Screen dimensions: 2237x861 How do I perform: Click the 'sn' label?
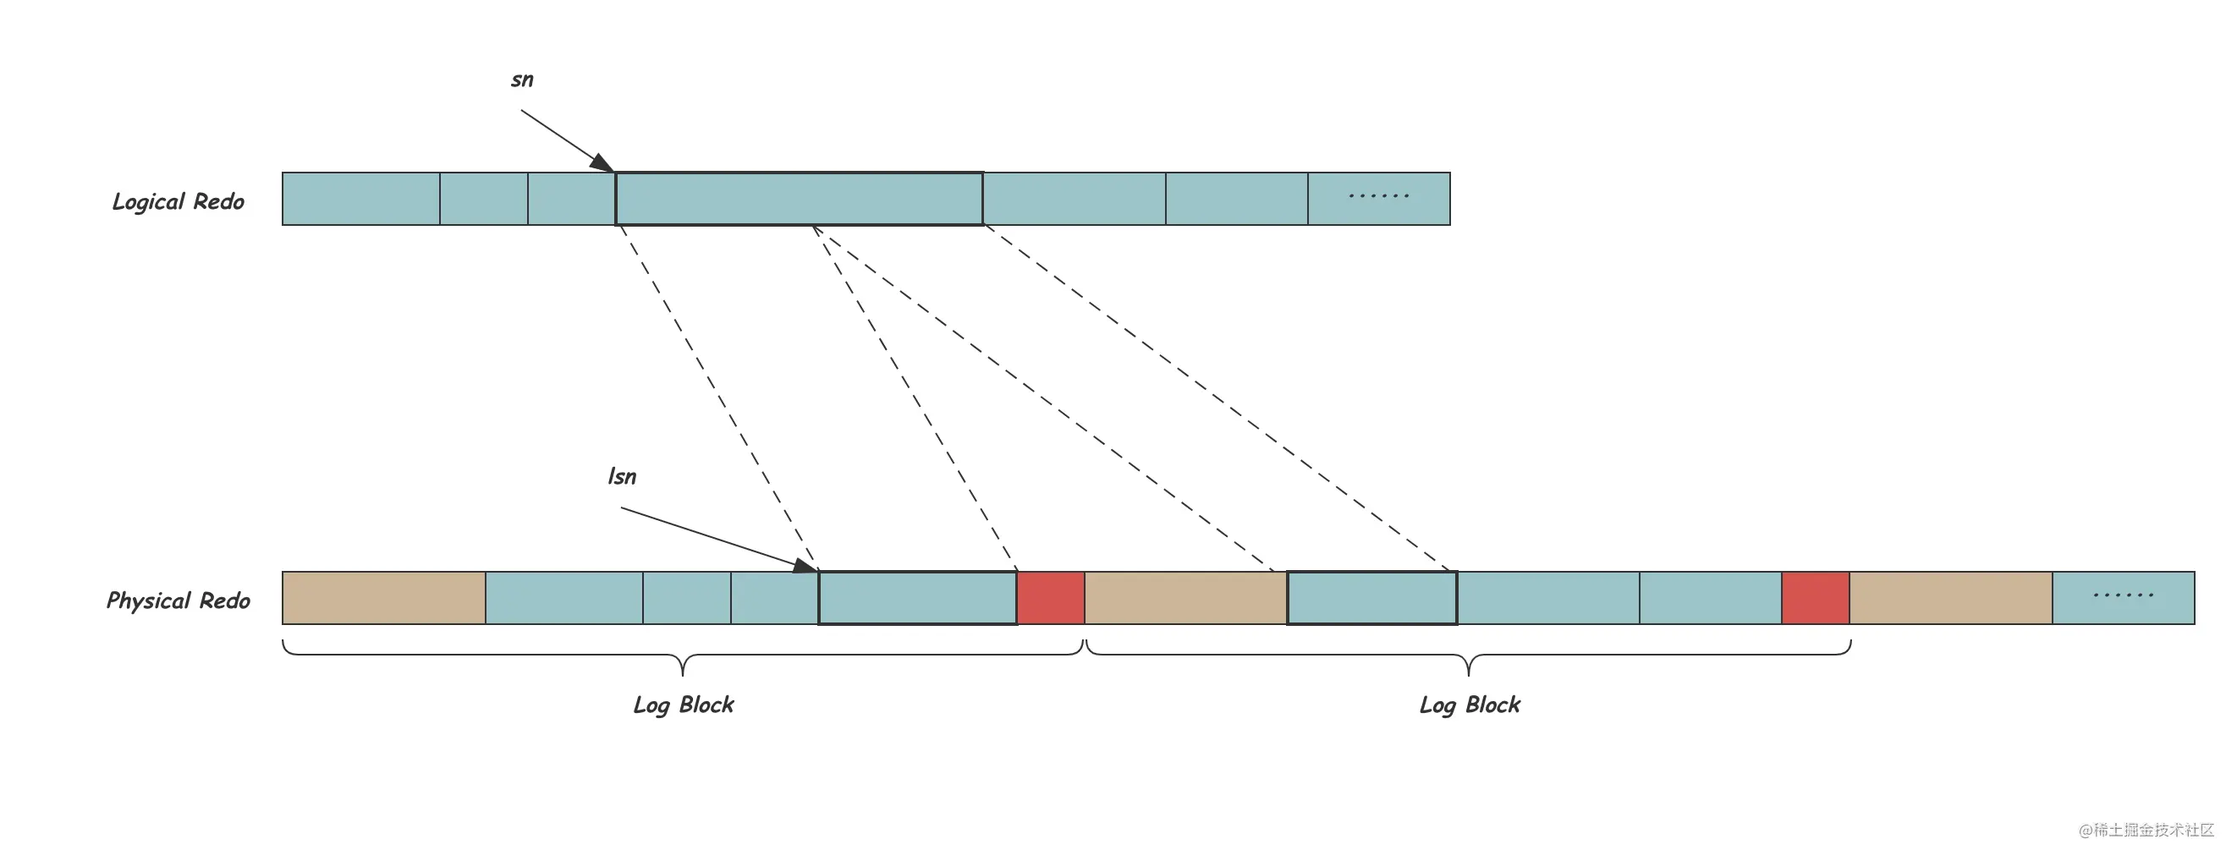pos(522,80)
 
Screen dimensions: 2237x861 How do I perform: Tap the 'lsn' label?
pos(622,476)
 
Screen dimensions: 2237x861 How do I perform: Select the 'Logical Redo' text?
pos(179,202)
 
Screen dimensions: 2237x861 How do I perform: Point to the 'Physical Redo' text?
pos(178,601)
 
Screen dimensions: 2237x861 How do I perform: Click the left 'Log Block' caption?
pos(684,705)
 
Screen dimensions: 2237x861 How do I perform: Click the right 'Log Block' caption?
pos(1470,705)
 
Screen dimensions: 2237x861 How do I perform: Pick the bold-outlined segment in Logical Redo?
pos(799,199)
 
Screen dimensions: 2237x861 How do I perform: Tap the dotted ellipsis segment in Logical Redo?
pos(1379,199)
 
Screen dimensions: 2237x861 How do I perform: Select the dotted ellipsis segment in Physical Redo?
pos(2124,598)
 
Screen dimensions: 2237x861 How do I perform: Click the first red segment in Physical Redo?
pos(1051,598)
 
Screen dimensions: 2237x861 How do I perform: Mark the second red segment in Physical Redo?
pos(1816,598)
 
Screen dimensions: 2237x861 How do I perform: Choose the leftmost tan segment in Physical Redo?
pos(384,598)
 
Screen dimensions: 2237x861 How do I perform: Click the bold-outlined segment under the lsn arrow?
pos(918,598)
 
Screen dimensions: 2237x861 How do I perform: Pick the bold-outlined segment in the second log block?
pos(1372,598)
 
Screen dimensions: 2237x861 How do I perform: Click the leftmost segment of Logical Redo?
pos(361,199)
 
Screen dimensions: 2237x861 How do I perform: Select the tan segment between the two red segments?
pos(1186,598)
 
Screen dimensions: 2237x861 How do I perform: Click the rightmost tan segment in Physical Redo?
pos(1951,598)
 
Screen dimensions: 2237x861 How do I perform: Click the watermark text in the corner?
pos(2146,830)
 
